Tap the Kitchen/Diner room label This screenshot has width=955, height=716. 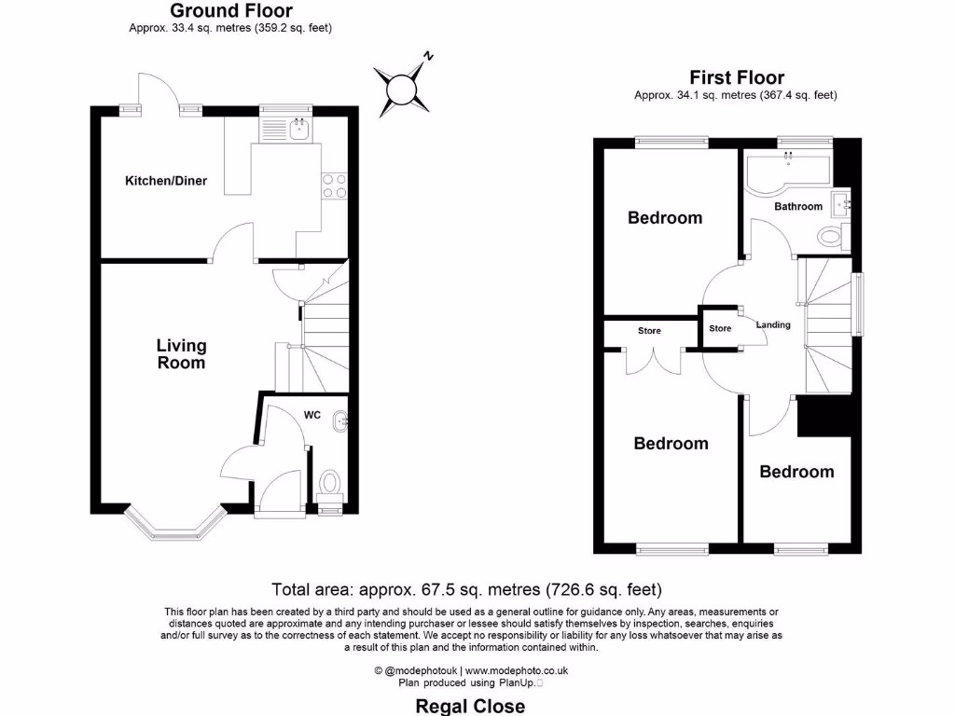click(x=166, y=181)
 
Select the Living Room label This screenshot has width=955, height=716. click(x=181, y=354)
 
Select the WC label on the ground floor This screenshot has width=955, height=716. click(x=311, y=415)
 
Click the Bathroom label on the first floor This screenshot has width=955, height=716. click(x=798, y=206)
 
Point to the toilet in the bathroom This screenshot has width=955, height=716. click(x=829, y=237)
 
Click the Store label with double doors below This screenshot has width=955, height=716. click(x=649, y=331)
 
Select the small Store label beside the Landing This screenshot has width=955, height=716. click(x=720, y=328)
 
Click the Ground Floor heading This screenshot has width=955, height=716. click(x=230, y=11)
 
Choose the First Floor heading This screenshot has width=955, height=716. click(x=736, y=77)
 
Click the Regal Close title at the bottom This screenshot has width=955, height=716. click(x=469, y=706)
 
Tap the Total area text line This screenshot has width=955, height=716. click(x=466, y=589)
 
